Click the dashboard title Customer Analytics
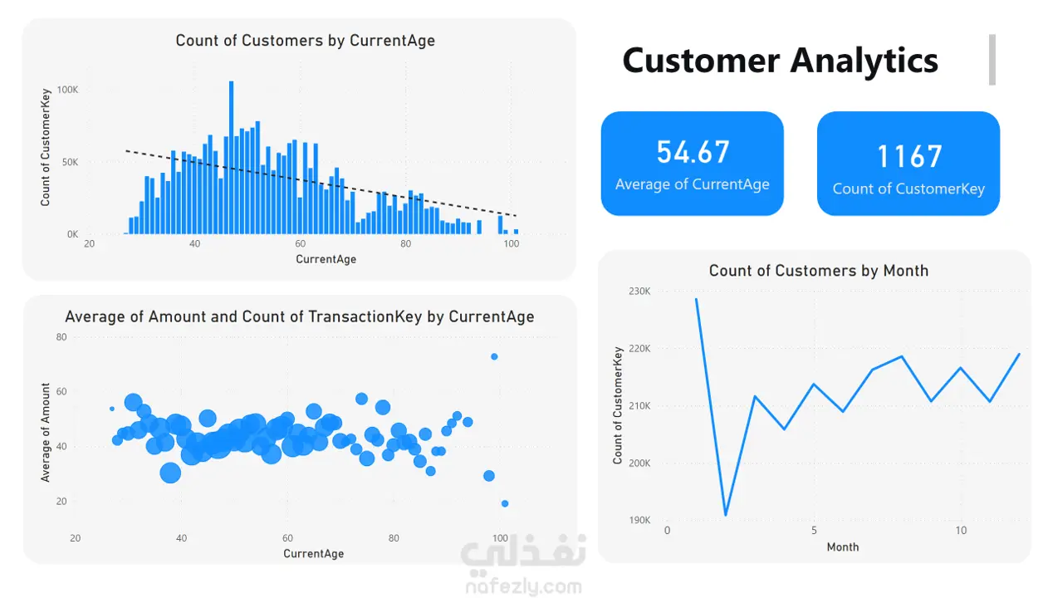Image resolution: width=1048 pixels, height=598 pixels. point(780,61)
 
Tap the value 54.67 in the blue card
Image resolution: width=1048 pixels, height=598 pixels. point(693,152)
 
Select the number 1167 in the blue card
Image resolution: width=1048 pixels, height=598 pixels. point(909,156)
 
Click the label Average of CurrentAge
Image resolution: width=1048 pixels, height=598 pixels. point(692,184)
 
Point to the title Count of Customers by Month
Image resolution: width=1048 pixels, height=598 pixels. point(818,271)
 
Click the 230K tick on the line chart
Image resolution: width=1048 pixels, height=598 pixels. point(639,292)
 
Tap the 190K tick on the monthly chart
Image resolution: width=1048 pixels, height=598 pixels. point(639,521)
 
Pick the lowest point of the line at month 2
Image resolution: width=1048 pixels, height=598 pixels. point(726,515)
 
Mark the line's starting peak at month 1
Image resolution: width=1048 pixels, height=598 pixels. point(696,299)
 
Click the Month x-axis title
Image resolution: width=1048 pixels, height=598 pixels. point(843,547)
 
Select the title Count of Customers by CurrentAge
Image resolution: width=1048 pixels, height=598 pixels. point(305,41)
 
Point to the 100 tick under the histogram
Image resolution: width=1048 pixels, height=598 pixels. point(512,244)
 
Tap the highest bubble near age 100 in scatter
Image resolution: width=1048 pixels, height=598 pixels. point(494,356)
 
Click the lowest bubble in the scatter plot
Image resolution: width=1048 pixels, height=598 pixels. point(505,503)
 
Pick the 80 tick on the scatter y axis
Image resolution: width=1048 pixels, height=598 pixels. point(61,337)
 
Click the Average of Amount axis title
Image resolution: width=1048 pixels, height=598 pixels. point(46,432)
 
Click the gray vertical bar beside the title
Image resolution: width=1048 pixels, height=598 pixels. point(992,60)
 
